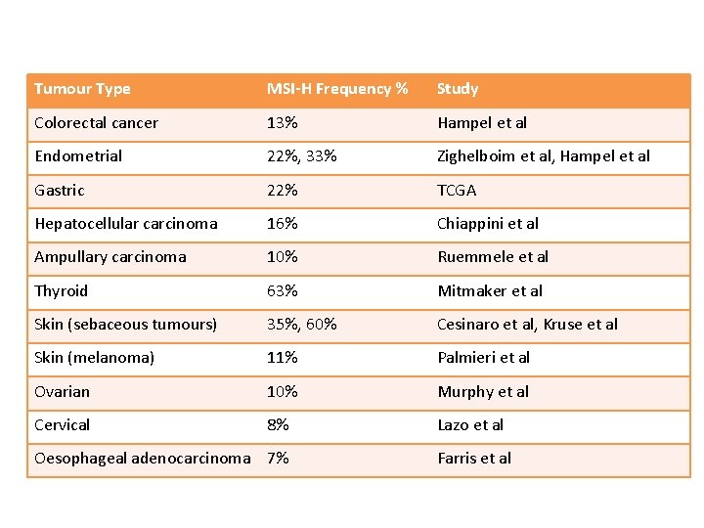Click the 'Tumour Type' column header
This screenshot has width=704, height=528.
(x=82, y=89)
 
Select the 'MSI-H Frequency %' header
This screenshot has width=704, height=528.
(x=337, y=89)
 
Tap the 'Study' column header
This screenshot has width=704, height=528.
(x=458, y=89)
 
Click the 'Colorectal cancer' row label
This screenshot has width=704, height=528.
(x=96, y=123)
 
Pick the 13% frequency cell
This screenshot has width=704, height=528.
(x=283, y=123)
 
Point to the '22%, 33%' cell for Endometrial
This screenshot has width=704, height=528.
(x=302, y=156)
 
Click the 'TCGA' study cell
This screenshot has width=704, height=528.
(x=457, y=191)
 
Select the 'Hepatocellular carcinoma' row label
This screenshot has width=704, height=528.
(x=126, y=224)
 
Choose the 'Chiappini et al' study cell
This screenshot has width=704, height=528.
(x=488, y=224)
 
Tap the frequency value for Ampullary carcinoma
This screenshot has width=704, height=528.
(x=283, y=257)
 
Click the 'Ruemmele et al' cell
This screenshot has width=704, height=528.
(x=493, y=257)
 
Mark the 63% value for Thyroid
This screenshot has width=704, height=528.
(x=283, y=291)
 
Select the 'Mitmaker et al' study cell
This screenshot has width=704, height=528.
(x=490, y=291)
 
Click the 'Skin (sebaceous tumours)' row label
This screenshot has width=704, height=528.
(x=126, y=325)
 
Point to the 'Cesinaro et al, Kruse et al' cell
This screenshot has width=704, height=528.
(x=527, y=325)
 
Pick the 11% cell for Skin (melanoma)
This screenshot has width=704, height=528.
(x=283, y=358)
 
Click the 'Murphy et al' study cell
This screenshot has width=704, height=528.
(x=483, y=392)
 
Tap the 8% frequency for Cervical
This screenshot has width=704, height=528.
(x=279, y=425)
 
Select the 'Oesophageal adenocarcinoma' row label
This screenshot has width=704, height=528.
(x=143, y=459)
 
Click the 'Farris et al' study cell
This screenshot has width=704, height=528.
(x=474, y=459)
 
